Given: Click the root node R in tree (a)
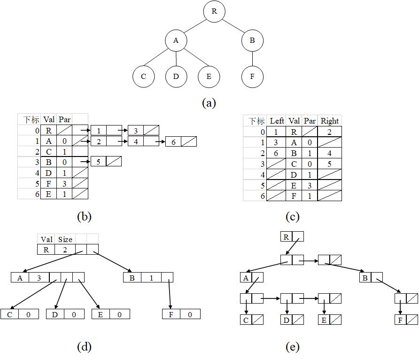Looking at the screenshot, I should pos(214,12).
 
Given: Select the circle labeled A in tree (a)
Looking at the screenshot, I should pos(176,40).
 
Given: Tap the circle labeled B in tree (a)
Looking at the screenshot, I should pos(252,40).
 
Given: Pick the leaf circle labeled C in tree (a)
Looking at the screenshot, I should pos(144,77).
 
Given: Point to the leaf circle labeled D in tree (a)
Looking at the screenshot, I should pos(176,77).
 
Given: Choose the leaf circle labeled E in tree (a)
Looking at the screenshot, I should pos(209,77).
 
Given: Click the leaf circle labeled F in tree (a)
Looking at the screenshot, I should pos(252,77).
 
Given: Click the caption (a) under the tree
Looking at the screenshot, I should pos(209,103).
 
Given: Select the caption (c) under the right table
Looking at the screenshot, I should pos(292,217).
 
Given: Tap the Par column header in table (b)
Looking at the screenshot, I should pos(65,120).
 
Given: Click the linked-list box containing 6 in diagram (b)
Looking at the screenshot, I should pos(173,141).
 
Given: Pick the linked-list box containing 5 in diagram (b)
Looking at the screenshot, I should pos(99,161).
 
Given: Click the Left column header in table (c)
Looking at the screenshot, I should pos(277,121).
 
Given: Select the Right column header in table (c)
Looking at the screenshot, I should pos(329,121).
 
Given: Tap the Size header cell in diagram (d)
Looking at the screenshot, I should pos(65,239).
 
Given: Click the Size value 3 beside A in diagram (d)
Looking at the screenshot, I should pos(39,278).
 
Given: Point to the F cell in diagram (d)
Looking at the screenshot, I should pos(171,314).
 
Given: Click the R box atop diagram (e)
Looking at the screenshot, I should pos(286,237).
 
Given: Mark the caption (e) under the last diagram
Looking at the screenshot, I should pos(292,347).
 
